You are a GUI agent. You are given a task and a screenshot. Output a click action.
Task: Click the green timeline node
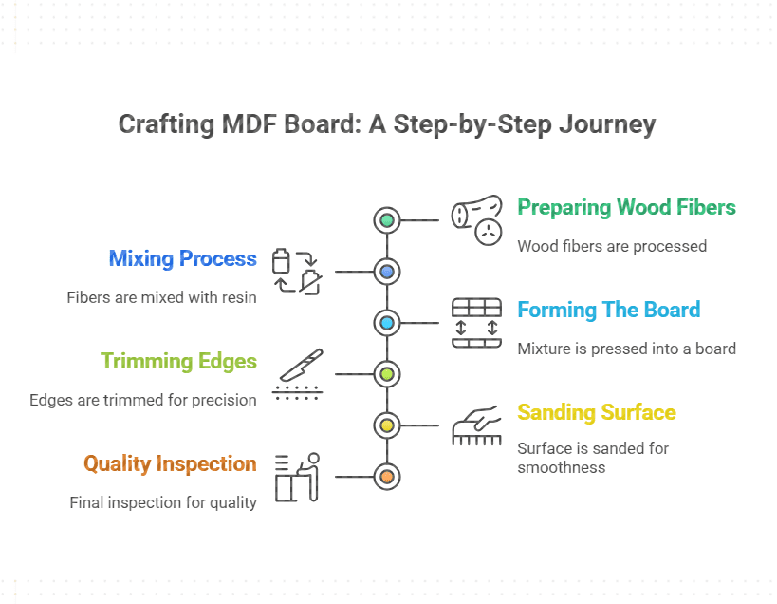pyautogui.click(x=387, y=220)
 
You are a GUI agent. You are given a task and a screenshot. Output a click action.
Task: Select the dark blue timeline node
pyautogui.click(x=387, y=272)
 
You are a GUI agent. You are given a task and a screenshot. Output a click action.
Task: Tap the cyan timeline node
pyautogui.click(x=387, y=323)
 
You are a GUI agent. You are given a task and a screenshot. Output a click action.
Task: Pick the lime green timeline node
pyautogui.click(x=387, y=374)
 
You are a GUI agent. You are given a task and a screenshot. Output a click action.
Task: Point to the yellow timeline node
pyautogui.click(x=387, y=425)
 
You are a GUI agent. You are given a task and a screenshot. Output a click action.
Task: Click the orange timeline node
pyautogui.click(x=387, y=477)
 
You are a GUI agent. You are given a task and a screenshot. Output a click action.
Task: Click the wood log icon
pyautogui.click(x=477, y=220)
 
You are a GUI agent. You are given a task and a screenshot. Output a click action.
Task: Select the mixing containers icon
pyautogui.click(x=296, y=272)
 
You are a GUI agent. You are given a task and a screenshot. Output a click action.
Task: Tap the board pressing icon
pyautogui.click(x=476, y=323)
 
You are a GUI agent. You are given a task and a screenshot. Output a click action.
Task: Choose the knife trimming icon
pyautogui.click(x=297, y=374)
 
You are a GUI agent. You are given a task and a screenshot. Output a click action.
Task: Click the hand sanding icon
pyautogui.click(x=476, y=425)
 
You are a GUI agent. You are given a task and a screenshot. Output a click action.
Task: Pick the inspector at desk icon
pyautogui.click(x=297, y=477)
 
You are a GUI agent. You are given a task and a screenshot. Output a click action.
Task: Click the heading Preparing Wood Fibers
pyautogui.click(x=626, y=207)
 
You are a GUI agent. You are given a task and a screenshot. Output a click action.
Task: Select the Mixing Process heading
pyautogui.click(x=182, y=258)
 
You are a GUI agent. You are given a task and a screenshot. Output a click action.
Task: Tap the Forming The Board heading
pyautogui.click(x=608, y=310)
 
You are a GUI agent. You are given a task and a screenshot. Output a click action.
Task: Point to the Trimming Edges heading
pyautogui.click(x=178, y=361)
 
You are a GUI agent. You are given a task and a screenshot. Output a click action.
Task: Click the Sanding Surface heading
pyautogui.click(x=596, y=412)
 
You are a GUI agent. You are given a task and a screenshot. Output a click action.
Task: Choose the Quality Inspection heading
pyautogui.click(x=170, y=463)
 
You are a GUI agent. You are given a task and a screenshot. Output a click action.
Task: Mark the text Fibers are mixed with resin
pyautogui.click(x=161, y=297)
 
